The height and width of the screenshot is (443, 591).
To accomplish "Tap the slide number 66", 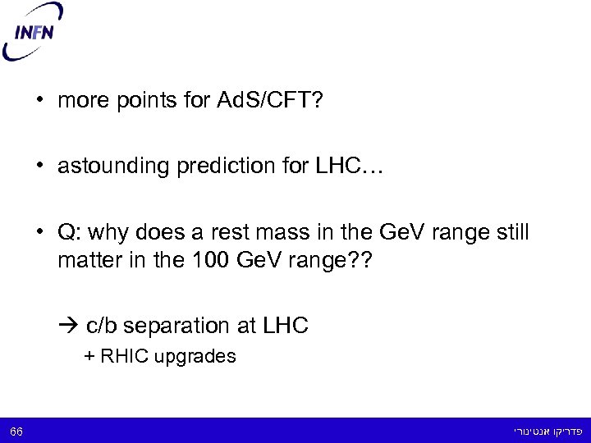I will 16,431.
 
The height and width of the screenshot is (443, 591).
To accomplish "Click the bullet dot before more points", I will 39,102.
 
